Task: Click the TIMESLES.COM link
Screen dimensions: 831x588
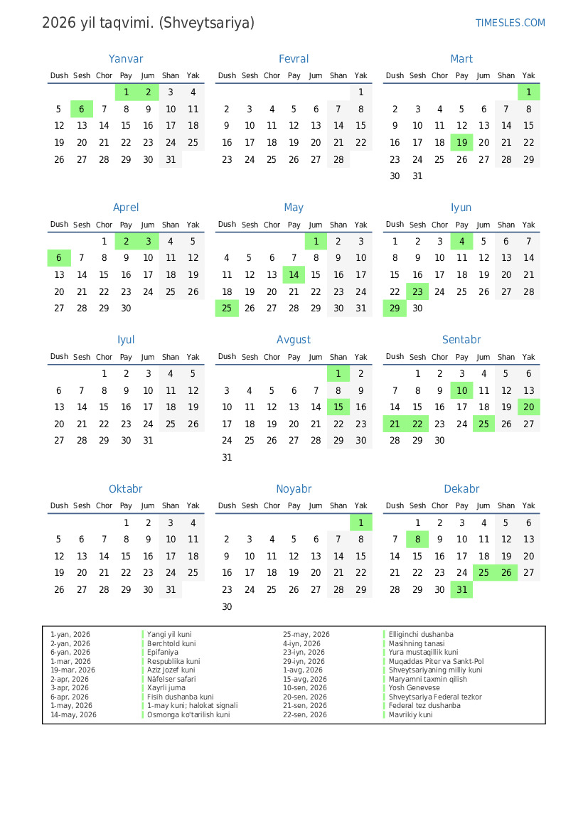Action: click(510, 23)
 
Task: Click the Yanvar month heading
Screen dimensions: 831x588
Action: click(126, 59)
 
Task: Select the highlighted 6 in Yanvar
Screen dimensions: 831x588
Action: click(82, 109)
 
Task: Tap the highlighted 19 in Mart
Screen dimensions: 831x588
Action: click(462, 142)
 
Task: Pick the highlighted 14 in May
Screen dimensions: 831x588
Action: click(294, 275)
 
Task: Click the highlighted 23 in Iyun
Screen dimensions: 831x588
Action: click(417, 292)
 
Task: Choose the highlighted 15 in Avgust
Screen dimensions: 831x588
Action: click(338, 407)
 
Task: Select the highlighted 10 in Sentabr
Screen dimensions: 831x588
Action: click(462, 391)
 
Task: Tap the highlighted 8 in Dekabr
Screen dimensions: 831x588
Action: click(417, 540)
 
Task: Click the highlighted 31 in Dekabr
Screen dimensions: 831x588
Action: click(462, 590)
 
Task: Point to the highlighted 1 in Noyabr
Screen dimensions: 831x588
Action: click(361, 523)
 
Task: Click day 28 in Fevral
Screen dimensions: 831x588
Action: click(338, 160)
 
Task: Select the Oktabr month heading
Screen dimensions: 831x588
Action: click(126, 489)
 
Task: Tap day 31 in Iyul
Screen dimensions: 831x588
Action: click(148, 441)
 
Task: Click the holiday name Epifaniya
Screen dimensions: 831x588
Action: click(163, 653)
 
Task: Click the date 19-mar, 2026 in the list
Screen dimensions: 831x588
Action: click(73, 670)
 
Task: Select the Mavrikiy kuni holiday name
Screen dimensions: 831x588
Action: click(410, 715)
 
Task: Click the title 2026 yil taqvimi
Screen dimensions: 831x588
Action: click(148, 23)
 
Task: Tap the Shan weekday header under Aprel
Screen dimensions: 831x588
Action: click(171, 225)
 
